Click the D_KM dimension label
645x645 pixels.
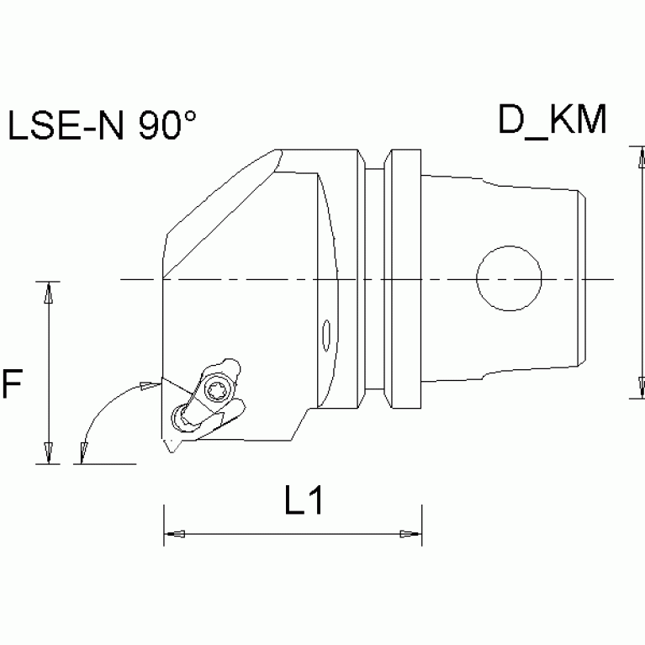pyautogui.click(x=552, y=121)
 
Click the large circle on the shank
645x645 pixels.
pyautogui.click(x=509, y=278)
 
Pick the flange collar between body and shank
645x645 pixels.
pyautogui.click(x=402, y=278)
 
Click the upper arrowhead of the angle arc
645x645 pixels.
pyautogui.click(x=149, y=386)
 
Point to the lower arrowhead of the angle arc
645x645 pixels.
pyautogui.click(x=82, y=453)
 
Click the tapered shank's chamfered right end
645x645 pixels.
pyautogui.click(x=581, y=278)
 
